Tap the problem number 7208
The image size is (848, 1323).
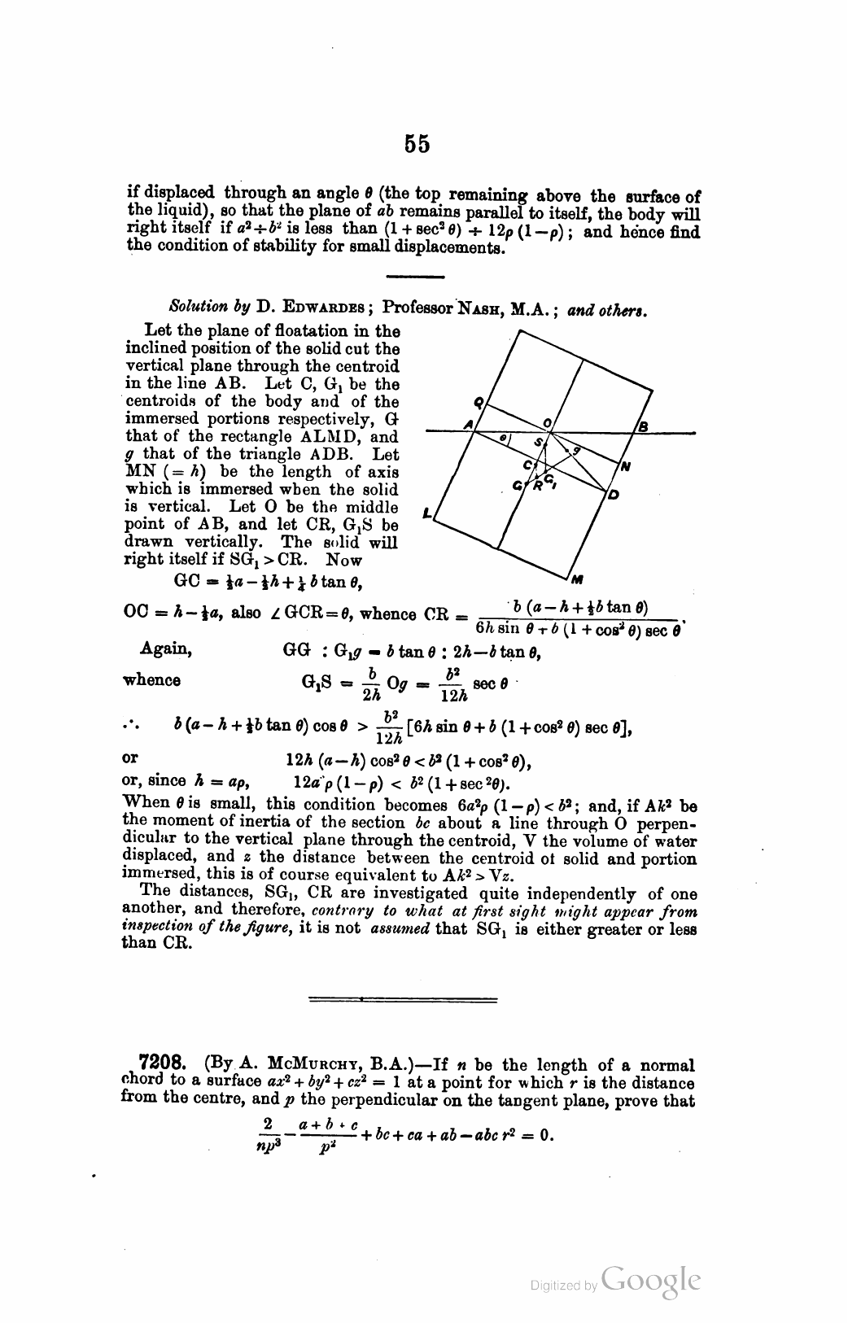click(x=164, y=1064)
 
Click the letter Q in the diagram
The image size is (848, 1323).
click(x=478, y=401)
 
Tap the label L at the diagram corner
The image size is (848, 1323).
click(x=427, y=513)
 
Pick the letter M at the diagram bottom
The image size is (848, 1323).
click(x=578, y=579)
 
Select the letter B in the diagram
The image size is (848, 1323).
click(x=642, y=426)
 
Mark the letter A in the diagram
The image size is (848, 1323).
click(x=468, y=426)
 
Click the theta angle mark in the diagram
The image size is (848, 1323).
click(x=504, y=438)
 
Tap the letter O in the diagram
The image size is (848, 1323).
click(x=548, y=422)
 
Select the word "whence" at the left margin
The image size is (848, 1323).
click(x=152, y=679)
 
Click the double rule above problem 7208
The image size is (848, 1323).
click(x=404, y=998)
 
